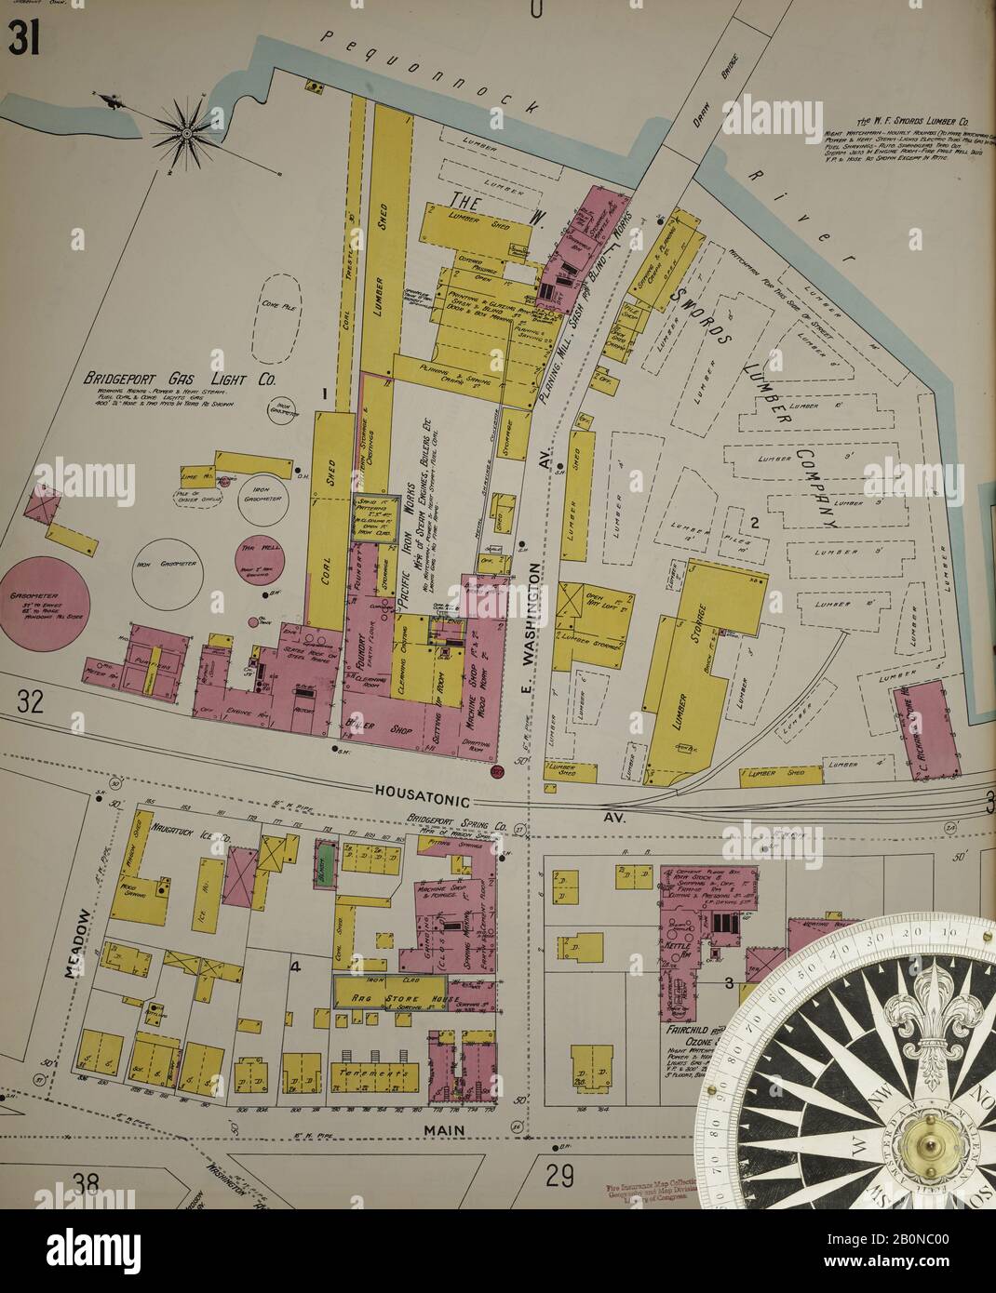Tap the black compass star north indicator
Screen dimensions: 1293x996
pyautogui.click(x=186, y=133)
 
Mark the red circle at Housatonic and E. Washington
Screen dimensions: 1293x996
pyautogui.click(x=497, y=770)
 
